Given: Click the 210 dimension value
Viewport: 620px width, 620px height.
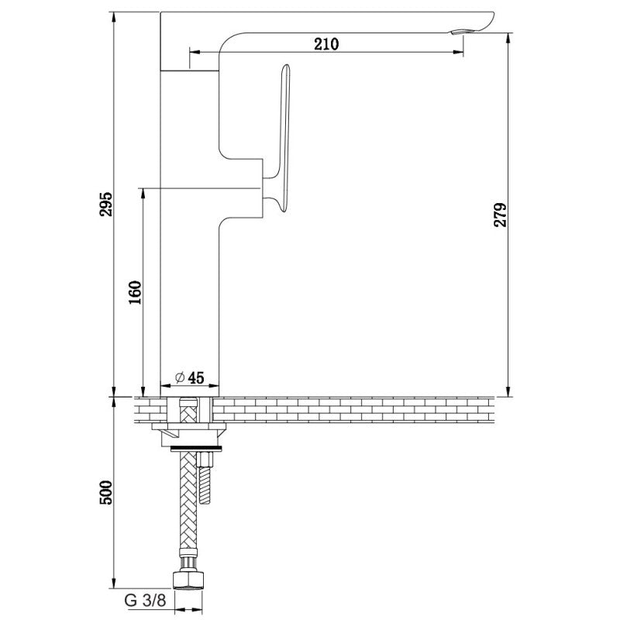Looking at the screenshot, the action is [x=326, y=44].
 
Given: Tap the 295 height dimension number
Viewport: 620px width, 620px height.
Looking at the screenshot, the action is [x=105, y=204].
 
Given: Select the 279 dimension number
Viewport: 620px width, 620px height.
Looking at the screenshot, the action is [x=500, y=215].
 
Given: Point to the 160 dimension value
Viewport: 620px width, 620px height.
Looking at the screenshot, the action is [x=135, y=292].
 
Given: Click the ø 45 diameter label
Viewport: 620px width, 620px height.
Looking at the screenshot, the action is [x=190, y=377].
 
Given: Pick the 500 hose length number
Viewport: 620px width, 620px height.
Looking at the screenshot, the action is [x=105, y=492].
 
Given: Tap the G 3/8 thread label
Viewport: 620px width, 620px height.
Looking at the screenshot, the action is [x=145, y=600].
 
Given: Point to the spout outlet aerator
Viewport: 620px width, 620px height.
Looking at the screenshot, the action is [x=459, y=32].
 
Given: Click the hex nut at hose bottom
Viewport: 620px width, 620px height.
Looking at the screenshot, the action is [x=188, y=580].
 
